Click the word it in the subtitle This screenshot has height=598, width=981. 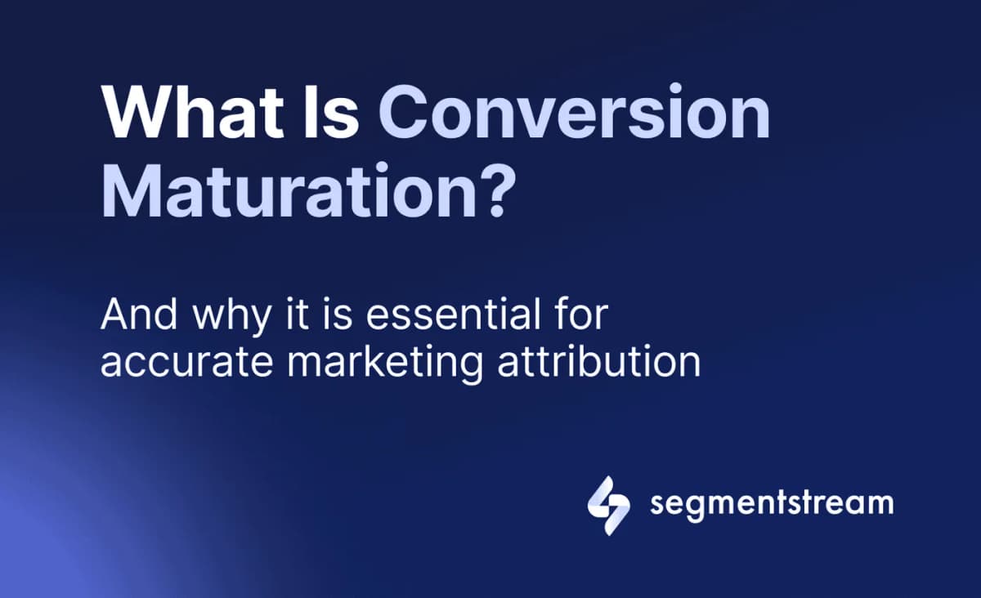click(x=298, y=316)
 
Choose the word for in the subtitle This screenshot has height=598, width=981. click(x=579, y=316)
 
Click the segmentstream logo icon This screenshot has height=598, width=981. click(x=609, y=505)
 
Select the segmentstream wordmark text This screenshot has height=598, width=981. click(x=772, y=503)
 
